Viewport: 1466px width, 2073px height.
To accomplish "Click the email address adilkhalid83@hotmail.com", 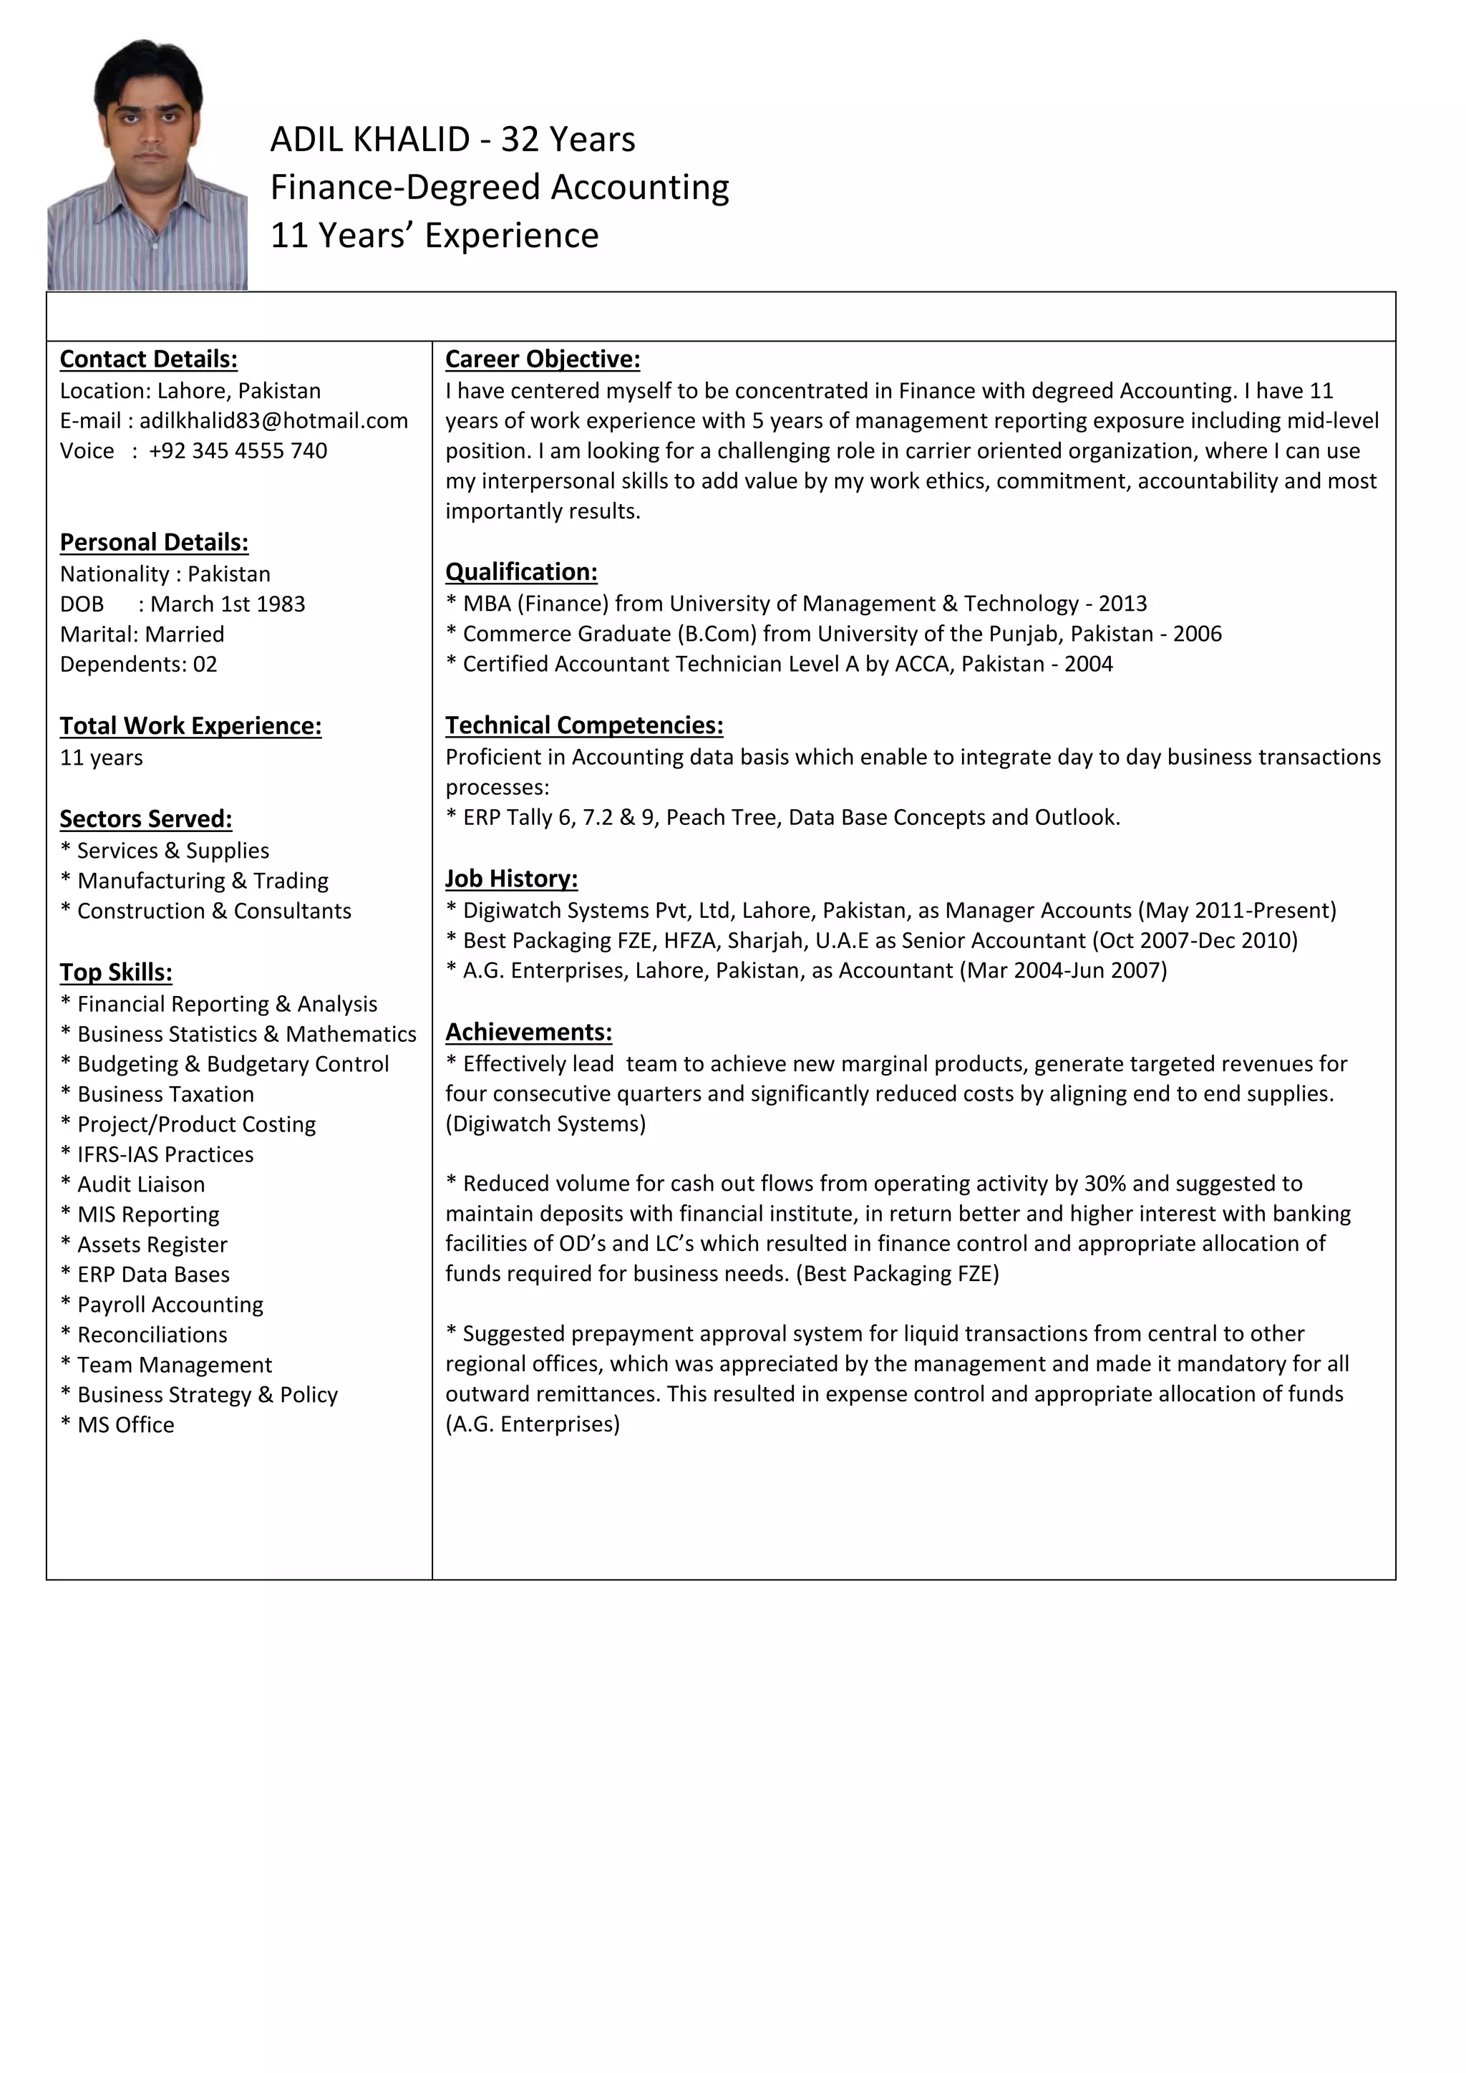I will pos(273,421).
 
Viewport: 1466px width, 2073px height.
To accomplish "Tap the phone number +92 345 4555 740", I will pos(238,450).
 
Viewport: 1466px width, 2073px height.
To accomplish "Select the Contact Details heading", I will pos(149,359).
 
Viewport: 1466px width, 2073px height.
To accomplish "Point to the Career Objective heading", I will pos(543,359).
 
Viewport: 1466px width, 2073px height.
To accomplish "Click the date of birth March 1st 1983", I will pos(228,604).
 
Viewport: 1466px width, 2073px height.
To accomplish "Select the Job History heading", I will pos(511,879).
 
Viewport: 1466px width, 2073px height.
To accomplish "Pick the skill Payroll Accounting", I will pos(170,1305).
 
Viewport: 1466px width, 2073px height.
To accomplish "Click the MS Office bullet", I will pos(125,1425).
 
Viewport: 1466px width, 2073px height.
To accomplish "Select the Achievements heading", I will pos(528,1032).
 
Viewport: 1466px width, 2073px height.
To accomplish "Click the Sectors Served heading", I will pos(146,819).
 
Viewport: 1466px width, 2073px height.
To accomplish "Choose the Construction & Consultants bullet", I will pos(213,911).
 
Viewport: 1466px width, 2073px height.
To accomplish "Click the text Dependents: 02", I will pos(138,665).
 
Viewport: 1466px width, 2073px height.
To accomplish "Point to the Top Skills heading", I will pos(115,972).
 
